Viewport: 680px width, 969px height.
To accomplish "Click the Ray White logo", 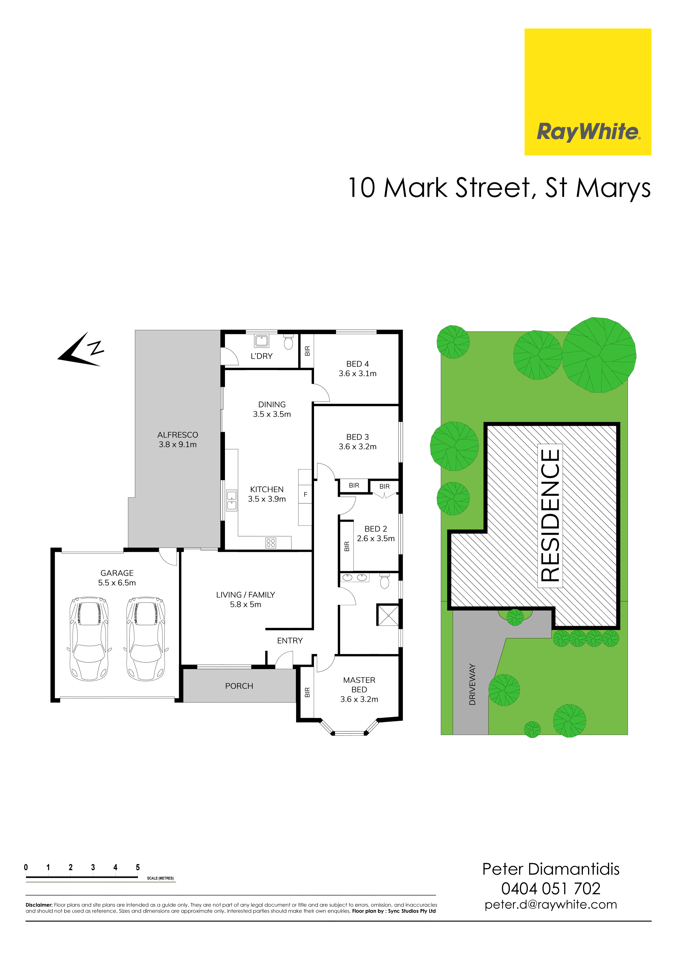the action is click(x=588, y=92).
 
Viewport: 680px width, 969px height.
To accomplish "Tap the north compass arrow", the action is click(x=80, y=349).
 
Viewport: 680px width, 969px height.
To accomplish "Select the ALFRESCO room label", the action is click(x=178, y=435).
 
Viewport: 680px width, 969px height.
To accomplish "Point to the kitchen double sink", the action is click(x=232, y=500).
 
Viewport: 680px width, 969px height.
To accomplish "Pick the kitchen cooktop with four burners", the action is click(x=271, y=543).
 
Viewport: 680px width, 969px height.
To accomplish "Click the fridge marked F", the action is click(x=305, y=494).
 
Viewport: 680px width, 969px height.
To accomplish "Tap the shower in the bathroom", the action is click(x=387, y=615).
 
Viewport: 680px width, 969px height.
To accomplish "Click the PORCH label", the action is click(x=239, y=686).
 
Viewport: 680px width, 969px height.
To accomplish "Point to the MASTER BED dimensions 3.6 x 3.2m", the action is click(x=359, y=699).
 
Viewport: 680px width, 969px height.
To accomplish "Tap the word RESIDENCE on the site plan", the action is click(x=550, y=515).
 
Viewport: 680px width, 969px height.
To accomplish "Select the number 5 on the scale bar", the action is click(x=138, y=867).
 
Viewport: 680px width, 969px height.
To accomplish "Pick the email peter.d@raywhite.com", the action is click(x=551, y=904).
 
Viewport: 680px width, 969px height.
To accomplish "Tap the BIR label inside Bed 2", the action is click(x=347, y=546).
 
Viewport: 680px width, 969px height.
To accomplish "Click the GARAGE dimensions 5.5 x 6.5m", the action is click(x=117, y=582).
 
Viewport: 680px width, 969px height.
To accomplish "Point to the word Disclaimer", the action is click(x=39, y=905).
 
